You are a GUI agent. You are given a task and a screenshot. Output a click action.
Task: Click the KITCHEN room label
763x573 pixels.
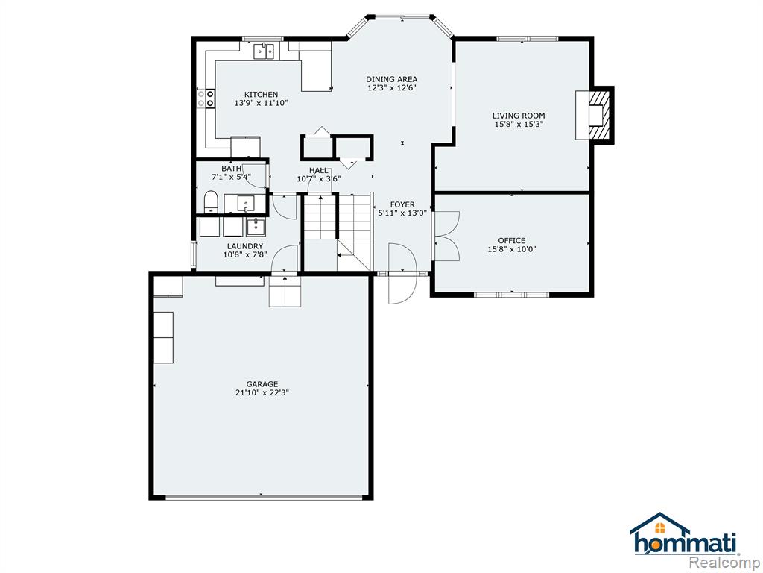click(x=262, y=95)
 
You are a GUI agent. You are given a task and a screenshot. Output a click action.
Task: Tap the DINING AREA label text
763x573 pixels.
click(x=392, y=79)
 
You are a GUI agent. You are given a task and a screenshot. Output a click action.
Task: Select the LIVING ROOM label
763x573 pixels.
click(x=519, y=116)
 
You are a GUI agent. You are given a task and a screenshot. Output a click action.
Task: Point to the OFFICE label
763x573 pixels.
click(x=512, y=241)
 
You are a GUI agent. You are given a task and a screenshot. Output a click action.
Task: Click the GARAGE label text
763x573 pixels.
click(x=262, y=384)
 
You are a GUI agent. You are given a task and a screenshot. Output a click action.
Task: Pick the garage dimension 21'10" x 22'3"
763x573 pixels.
click(x=262, y=393)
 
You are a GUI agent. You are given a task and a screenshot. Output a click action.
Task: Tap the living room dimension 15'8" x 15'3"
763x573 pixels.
click(x=519, y=125)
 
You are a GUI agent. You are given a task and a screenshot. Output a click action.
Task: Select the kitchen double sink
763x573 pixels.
click(x=265, y=51)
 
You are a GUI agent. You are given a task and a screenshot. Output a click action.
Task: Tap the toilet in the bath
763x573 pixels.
click(x=211, y=202)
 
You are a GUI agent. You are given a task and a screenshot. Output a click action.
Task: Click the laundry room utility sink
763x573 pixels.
click(x=256, y=227)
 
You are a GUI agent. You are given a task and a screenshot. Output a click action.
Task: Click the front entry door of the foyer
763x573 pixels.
click(x=402, y=273)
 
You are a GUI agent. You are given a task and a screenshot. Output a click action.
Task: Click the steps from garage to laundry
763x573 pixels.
click(x=285, y=292)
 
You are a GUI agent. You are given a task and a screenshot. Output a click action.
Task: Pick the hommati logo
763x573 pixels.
click(x=684, y=534)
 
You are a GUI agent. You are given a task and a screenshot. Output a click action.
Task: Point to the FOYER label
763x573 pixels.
click(x=402, y=204)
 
